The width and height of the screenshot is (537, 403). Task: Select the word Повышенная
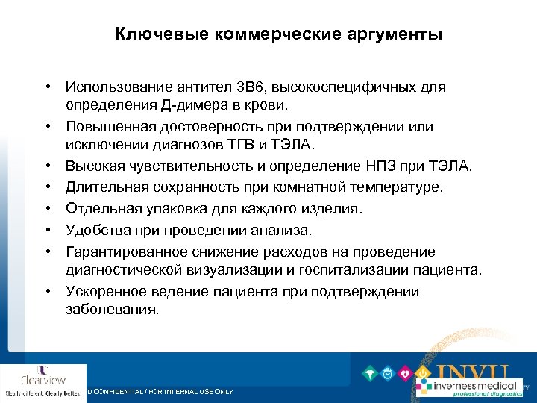[109, 127]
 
